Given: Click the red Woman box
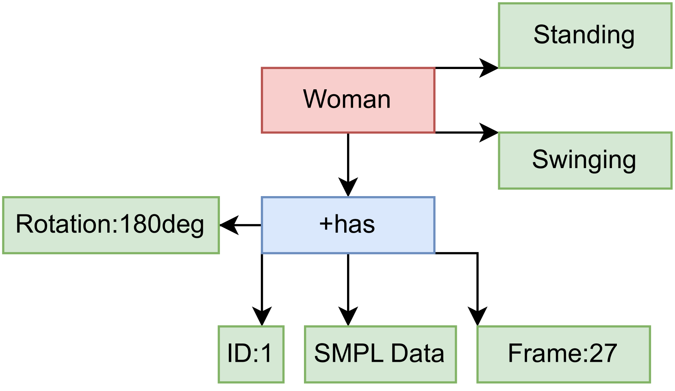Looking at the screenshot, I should [x=348, y=100].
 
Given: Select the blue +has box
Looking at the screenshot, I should [x=348, y=225].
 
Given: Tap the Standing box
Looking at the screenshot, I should [x=585, y=36].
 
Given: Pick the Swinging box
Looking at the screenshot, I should [x=585, y=161].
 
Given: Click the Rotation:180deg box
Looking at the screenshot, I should [x=111, y=225].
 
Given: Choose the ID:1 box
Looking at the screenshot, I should [x=251, y=354].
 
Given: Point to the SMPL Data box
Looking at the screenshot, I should [x=380, y=354].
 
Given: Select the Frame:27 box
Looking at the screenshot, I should [x=564, y=354].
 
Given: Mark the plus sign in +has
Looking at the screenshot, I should [x=326, y=225].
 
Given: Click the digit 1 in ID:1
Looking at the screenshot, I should [x=267, y=353].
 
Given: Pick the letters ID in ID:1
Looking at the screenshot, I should [x=239, y=353].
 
